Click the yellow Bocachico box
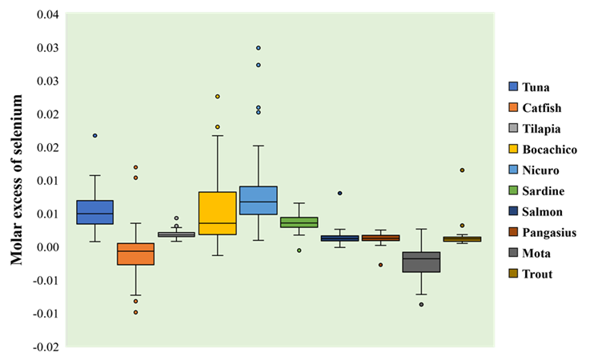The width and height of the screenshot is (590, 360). pyautogui.click(x=218, y=214)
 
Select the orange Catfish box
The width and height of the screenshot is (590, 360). pyautogui.click(x=135, y=254)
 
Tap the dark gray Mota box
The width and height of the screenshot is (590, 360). pyautogui.click(x=421, y=262)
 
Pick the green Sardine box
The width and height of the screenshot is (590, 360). pyautogui.click(x=299, y=222)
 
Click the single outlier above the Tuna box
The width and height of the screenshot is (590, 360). pyautogui.click(x=94, y=135)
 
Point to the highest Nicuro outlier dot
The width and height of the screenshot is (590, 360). pyautogui.click(x=259, y=48)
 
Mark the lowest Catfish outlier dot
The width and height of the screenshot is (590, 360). pyautogui.click(x=135, y=312)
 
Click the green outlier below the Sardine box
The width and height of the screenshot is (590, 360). pyautogui.click(x=299, y=250)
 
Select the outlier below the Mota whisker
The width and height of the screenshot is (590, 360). pyautogui.click(x=421, y=304)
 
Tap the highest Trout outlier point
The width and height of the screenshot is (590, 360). pyautogui.click(x=462, y=170)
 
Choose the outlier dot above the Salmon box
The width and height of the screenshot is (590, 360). pyautogui.click(x=339, y=193)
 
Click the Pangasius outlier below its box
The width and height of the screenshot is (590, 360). pyautogui.click(x=380, y=265)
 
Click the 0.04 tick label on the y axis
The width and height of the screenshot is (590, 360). pyautogui.click(x=48, y=14)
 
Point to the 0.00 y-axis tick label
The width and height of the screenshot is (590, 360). pyautogui.click(x=48, y=247)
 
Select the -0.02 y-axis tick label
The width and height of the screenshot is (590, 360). pyautogui.click(x=46, y=347)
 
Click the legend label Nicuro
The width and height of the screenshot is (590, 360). pyautogui.click(x=540, y=170)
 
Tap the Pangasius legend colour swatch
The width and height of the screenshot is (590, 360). pyautogui.click(x=513, y=232)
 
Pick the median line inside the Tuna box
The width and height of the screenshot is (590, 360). pyautogui.click(x=94, y=214)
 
